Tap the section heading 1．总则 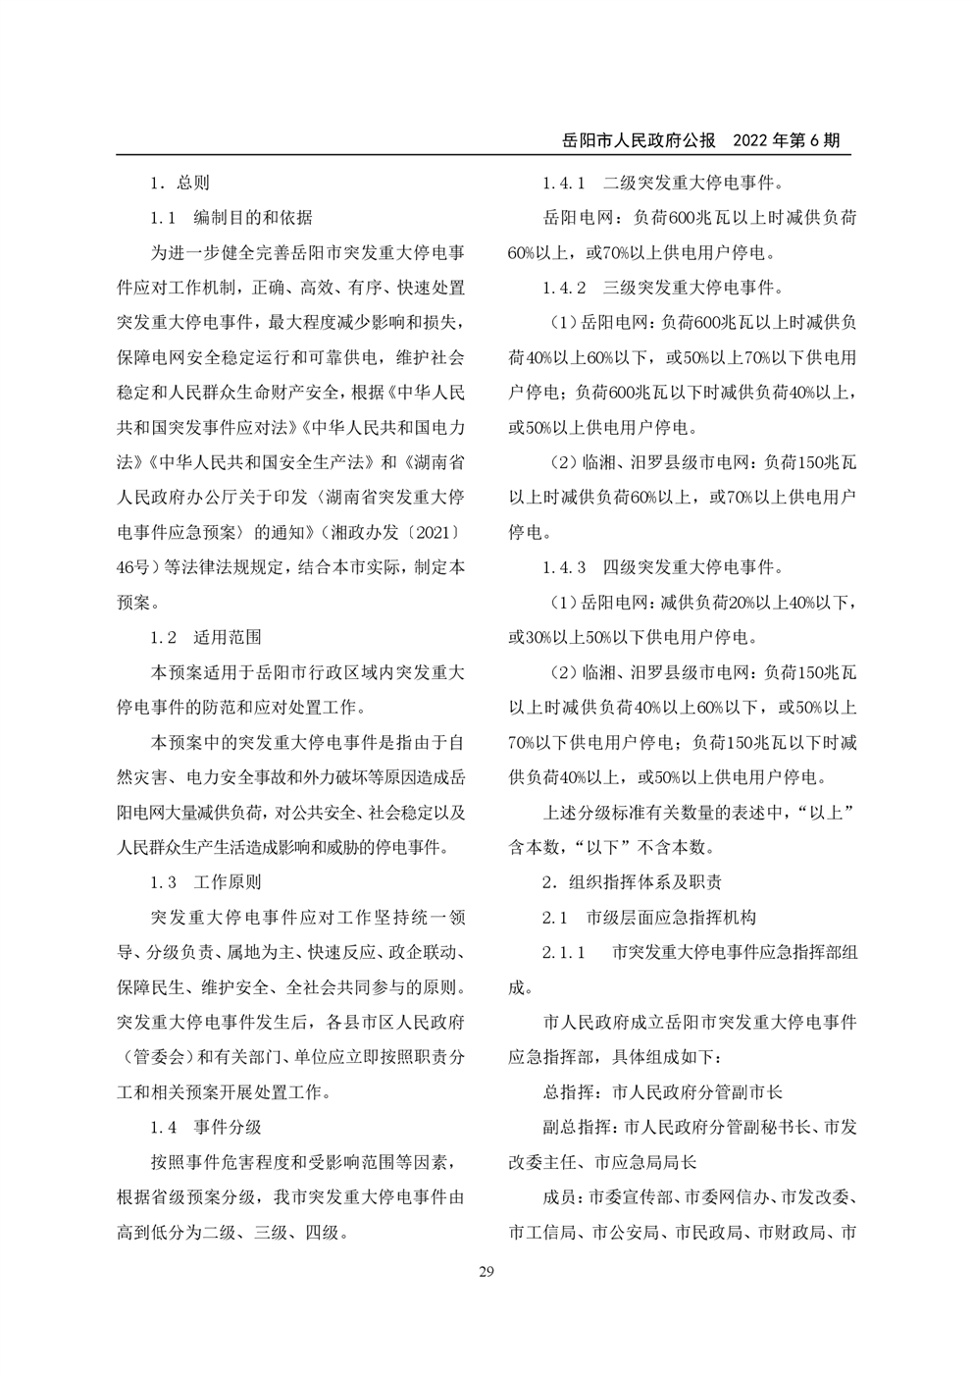click(179, 183)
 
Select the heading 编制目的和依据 click(253, 218)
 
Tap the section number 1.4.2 click(564, 288)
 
